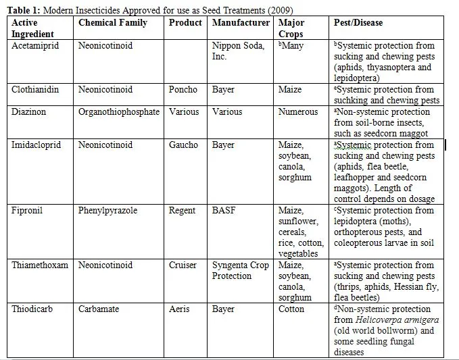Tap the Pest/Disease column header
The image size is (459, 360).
point(358,22)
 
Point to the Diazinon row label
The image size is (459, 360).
point(29,111)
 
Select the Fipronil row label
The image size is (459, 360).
point(27,210)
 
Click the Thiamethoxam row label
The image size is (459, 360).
point(40,265)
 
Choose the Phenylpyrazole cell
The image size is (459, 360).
point(107,210)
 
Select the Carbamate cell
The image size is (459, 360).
point(99,309)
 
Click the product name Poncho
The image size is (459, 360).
point(183,89)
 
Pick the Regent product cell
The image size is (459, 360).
point(183,210)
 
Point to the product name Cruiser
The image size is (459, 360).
point(183,265)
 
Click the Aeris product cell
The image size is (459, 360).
point(179,309)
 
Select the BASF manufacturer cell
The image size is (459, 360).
point(224,210)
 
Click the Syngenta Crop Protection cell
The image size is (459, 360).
point(241,270)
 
